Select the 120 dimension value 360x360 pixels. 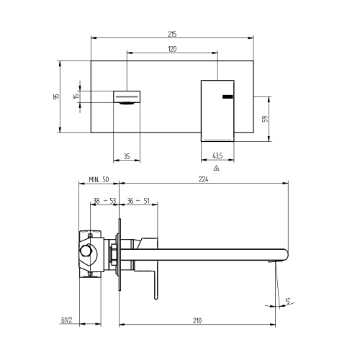click(x=172, y=50)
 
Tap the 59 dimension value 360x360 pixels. click(x=265, y=120)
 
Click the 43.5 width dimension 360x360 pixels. click(x=217, y=155)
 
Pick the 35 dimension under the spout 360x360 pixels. click(x=127, y=155)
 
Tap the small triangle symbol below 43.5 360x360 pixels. click(x=217, y=168)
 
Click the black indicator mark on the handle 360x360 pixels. click(x=227, y=96)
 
